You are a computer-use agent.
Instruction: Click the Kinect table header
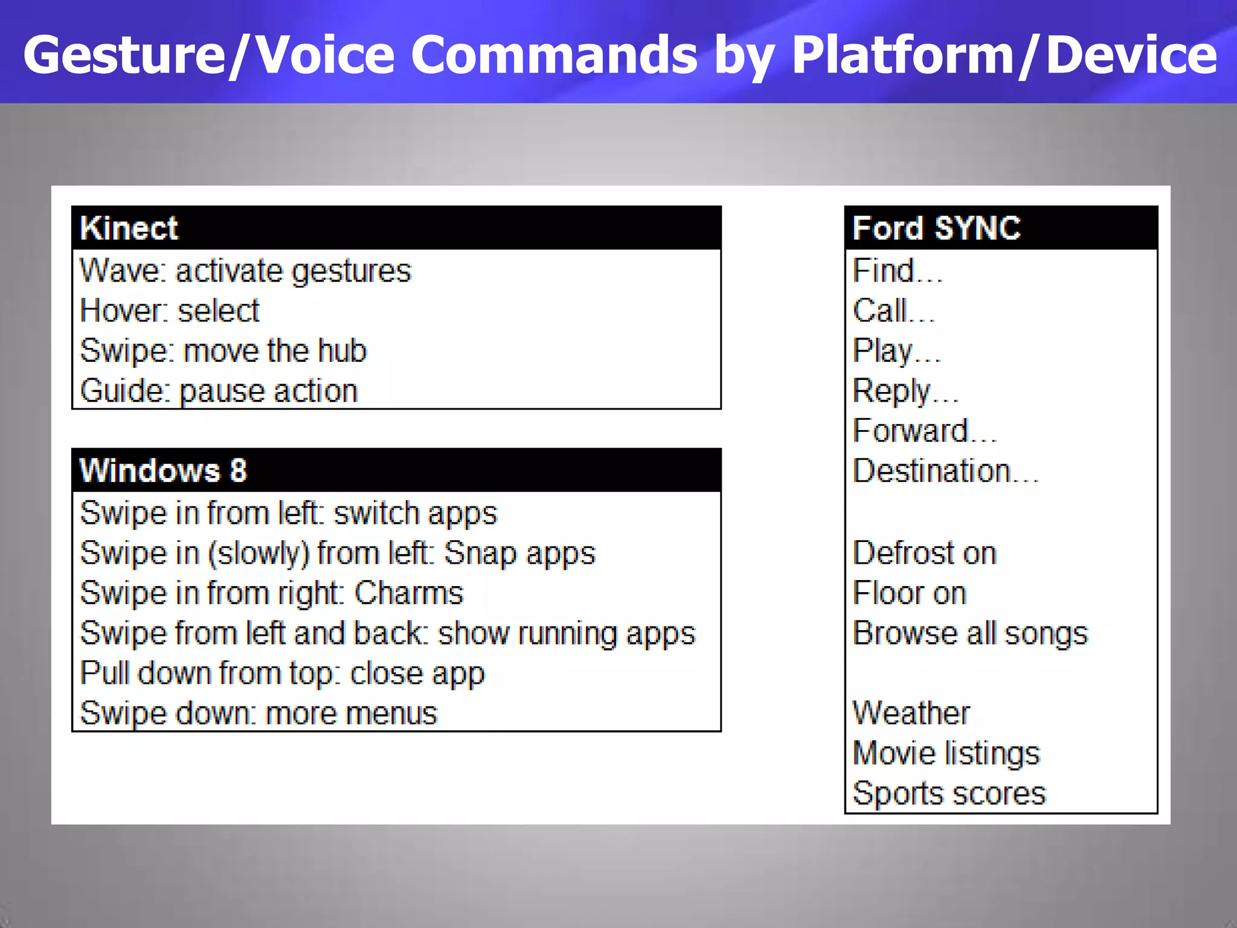(129, 228)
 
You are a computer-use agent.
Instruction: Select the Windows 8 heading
(163, 471)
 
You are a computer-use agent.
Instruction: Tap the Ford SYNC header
(936, 228)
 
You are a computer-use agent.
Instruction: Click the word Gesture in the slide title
(124, 56)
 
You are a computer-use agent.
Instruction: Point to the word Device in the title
(1131, 56)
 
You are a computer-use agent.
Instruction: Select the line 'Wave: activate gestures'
(245, 271)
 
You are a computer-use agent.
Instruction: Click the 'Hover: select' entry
(169, 311)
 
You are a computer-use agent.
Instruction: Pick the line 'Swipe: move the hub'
(223, 351)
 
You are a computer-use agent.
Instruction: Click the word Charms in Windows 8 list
(409, 593)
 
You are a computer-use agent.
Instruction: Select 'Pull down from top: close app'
(282, 674)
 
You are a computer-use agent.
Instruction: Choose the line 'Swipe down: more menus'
(259, 714)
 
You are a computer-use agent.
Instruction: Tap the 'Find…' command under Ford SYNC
(897, 271)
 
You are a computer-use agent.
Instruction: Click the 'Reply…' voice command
(905, 391)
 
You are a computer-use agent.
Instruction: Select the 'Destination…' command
(945, 471)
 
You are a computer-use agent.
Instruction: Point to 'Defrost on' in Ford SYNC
(924, 553)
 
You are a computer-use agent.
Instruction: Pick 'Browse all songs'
(970, 634)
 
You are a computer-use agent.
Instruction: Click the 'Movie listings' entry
(946, 753)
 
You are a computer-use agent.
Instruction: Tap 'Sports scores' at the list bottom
(949, 793)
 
